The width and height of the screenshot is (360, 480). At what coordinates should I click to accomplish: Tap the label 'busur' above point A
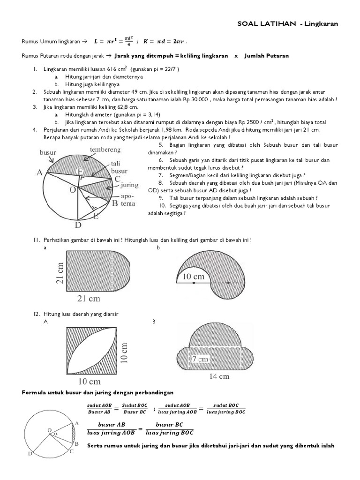(47, 153)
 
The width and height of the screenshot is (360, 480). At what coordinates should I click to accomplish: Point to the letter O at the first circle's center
(73, 190)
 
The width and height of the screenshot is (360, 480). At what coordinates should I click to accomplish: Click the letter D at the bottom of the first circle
(78, 225)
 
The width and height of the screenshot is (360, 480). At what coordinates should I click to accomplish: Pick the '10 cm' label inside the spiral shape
(193, 277)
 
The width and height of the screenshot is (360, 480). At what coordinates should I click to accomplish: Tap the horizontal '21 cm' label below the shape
(89, 298)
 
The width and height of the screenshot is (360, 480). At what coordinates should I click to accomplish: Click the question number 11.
(36, 240)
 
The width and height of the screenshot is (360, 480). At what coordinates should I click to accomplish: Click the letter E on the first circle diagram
(97, 216)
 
